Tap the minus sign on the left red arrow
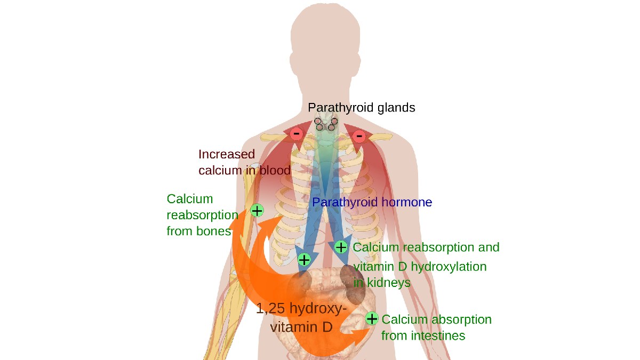pos(297,134)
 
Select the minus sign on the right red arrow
pos(359,135)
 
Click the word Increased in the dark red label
pos(227,154)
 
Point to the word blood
pos(275,170)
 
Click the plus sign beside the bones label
pos(257,211)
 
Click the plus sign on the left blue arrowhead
pos(304,260)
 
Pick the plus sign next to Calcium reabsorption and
pos(341,247)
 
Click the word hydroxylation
pos(449,267)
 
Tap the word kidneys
pos(389,283)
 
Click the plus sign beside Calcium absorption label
pos(372,318)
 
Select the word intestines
pos(438,335)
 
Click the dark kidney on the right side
pos(353,284)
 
